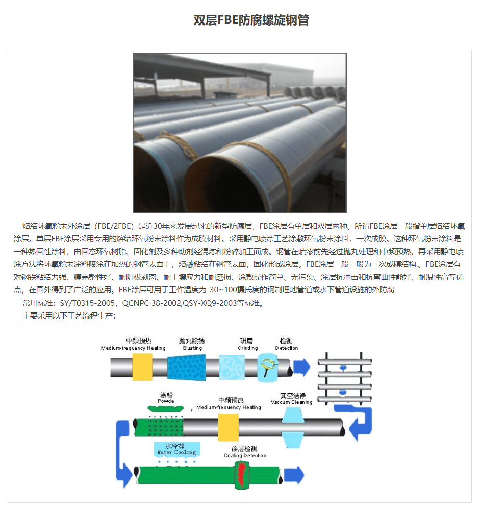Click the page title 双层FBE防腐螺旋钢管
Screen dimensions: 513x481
251,20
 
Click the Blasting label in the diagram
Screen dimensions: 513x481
193,348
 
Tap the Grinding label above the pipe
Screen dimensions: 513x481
247,348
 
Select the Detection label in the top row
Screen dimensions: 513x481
286,348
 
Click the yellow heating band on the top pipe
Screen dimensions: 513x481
142,367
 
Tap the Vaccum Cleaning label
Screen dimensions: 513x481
291,402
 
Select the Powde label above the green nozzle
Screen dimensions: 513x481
166,401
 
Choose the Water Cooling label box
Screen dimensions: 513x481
176,449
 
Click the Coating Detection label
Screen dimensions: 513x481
245,455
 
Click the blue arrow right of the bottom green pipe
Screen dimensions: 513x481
294,475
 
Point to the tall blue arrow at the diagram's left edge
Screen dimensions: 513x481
122,449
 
